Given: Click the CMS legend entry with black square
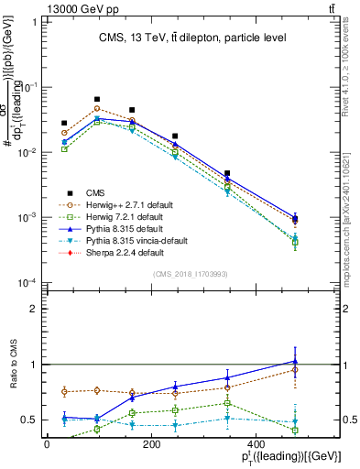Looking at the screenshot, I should (x=96, y=192).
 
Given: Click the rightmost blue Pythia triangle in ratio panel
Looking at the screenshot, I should (x=294, y=361).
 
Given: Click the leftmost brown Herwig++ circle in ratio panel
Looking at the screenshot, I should (x=64, y=391).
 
